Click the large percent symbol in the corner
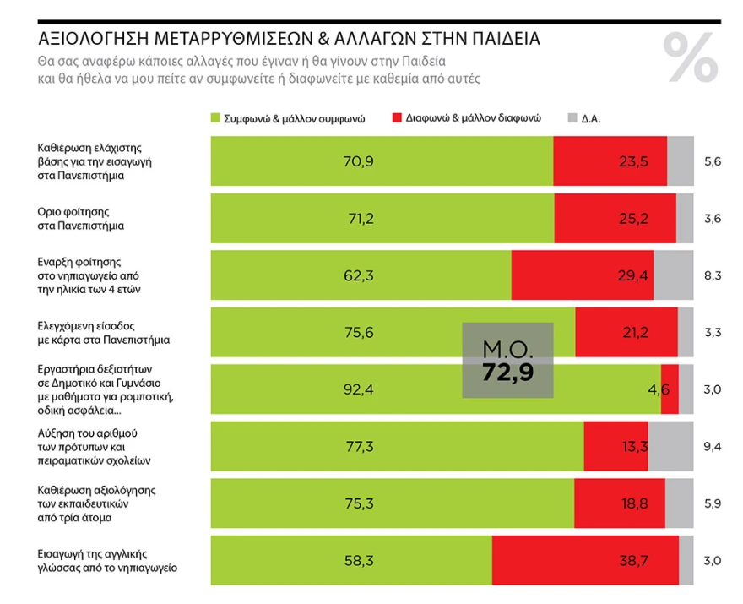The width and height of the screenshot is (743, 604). (690, 57)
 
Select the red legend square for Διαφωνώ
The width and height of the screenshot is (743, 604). (398, 118)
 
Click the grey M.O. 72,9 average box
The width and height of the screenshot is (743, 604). (507, 361)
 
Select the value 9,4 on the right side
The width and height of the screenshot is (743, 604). (713, 446)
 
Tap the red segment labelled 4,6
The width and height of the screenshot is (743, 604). (670, 389)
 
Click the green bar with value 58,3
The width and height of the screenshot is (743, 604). (350, 559)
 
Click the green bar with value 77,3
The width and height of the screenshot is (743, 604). (396, 446)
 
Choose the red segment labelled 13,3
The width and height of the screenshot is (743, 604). (616, 446)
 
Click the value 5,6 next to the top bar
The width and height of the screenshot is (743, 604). (713, 161)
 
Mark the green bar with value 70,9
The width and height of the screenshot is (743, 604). (381, 161)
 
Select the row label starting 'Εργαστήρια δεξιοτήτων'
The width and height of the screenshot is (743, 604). (106, 389)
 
